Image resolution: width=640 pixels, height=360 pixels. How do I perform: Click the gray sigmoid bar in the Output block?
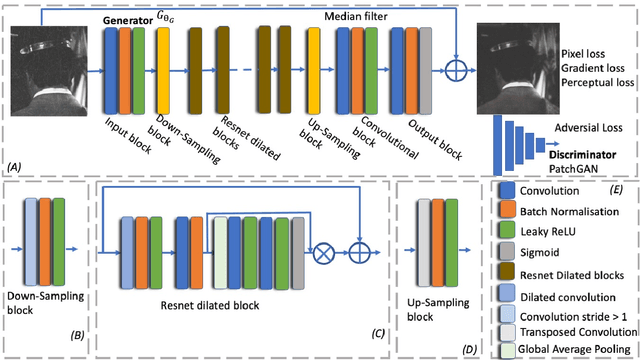422,76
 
